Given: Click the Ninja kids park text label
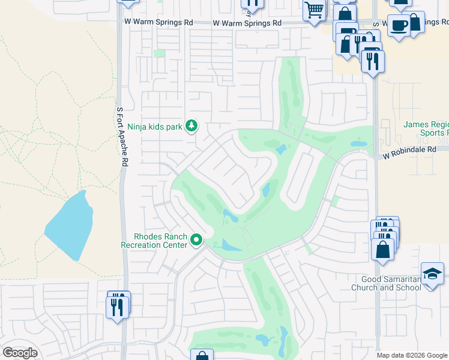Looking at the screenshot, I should click(x=155, y=127).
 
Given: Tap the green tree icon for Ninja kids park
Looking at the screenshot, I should click(x=191, y=126).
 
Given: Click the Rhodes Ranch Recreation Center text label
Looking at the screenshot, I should click(x=153, y=241).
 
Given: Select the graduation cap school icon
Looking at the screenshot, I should click(x=432, y=274).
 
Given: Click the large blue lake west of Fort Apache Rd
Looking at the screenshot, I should click(x=67, y=225).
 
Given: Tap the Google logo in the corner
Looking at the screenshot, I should click(x=20, y=353).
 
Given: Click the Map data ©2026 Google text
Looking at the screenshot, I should click(x=411, y=355).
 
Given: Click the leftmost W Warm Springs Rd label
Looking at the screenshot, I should click(x=158, y=23).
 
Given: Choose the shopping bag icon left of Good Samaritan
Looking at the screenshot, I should click(x=382, y=249).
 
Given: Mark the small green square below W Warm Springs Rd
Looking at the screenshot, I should click(x=158, y=54).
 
